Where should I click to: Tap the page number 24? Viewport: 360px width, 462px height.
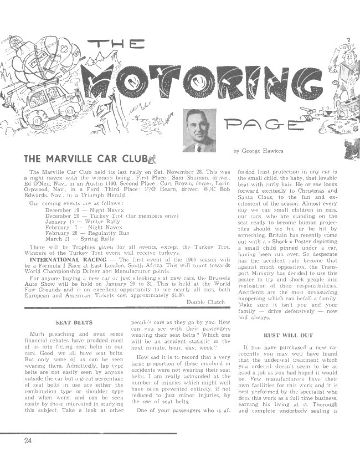(x=28, y=441)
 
